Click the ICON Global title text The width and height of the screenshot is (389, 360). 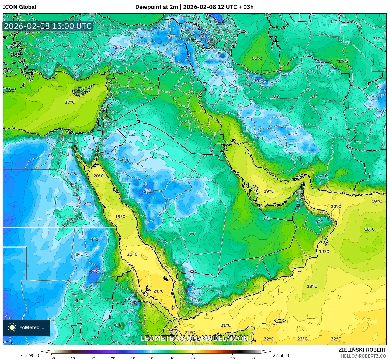[19, 7]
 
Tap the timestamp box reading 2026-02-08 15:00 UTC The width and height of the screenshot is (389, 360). [48, 26]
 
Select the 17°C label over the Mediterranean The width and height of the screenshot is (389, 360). [70, 102]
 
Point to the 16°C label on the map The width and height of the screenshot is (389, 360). [369, 229]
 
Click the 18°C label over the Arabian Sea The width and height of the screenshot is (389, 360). [312, 286]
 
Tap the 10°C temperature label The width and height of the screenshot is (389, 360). [343, 61]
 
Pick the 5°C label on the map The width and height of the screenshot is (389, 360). [70, 219]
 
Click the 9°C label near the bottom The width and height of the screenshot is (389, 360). [118, 325]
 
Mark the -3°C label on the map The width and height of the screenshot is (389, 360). [72, 173]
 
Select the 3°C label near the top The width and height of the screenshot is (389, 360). [199, 53]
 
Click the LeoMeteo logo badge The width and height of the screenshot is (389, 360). [26, 327]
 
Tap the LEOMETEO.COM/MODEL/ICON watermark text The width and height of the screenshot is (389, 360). [194, 338]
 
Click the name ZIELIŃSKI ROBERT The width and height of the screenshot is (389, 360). [362, 350]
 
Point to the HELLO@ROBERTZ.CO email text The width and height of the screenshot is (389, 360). [363, 356]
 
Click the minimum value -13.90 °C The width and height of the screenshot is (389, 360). [30, 355]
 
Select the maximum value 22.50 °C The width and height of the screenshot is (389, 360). [282, 355]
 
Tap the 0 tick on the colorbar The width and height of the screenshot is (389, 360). [152, 358]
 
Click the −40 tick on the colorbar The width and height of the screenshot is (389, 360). [72, 358]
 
